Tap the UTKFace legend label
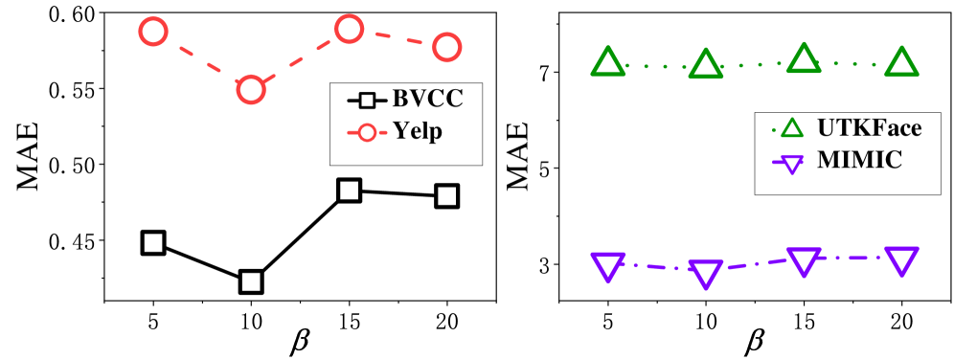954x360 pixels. [870, 128]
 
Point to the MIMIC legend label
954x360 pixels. [859, 161]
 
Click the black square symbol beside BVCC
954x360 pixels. [367, 100]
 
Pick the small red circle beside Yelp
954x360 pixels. [367, 132]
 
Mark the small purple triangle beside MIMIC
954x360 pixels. [791, 163]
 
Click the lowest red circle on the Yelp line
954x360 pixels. [251, 90]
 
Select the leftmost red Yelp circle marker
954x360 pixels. [153, 32]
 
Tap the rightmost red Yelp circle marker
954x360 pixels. [447, 46]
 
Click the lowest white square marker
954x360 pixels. [251, 281]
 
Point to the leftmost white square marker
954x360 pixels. [153, 242]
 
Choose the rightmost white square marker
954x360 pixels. [447, 195]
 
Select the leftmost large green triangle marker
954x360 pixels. [607, 63]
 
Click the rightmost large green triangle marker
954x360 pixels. [901, 63]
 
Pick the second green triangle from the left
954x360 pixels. [706, 65]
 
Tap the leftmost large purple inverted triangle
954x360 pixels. [607, 265]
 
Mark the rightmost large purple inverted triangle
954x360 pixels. [901, 259]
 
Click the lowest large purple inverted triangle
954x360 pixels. [706, 273]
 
